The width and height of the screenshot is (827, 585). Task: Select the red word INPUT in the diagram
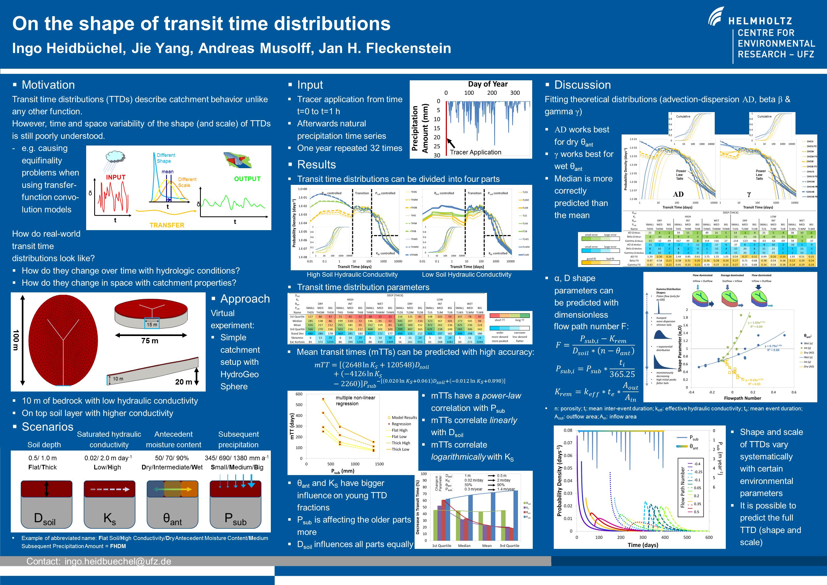coord(115,177)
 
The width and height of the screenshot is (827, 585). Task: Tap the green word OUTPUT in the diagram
coord(247,179)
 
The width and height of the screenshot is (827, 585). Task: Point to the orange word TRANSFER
coord(167,225)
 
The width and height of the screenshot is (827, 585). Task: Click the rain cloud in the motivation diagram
coord(115,158)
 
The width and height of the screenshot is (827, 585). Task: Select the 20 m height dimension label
coord(183,382)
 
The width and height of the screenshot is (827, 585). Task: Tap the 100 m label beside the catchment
coord(16,340)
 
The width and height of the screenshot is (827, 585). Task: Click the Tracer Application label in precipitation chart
coord(475,152)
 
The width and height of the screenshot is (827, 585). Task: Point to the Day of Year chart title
coord(488,84)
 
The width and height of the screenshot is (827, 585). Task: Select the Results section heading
coord(316,164)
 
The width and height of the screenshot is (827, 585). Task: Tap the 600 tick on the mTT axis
coord(299,394)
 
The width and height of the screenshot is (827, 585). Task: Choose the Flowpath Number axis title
coord(742,398)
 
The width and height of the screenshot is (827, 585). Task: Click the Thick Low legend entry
coord(401,449)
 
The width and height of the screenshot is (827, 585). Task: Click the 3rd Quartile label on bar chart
coord(509,545)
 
